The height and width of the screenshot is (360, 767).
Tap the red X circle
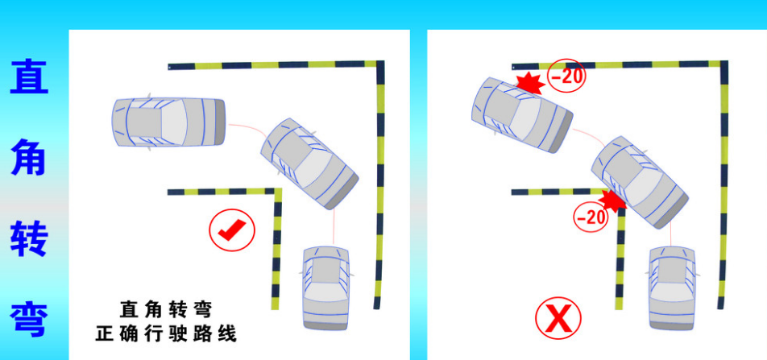pyautogui.click(x=558, y=318)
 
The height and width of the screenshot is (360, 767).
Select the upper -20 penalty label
pyautogui.click(x=566, y=76)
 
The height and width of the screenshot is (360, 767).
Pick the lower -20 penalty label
pyautogui.click(x=590, y=216)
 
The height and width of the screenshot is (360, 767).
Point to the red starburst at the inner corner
pyautogui.click(x=612, y=200)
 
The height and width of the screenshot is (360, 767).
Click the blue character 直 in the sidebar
pyautogui.click(x=29, y=77)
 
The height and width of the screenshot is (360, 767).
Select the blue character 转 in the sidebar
pyautogui.click(x=29, y=238)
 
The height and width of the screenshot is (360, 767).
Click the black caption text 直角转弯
pyautogui.click(x=166, y=309)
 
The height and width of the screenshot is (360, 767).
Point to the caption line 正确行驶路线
pyautogui.click(x=166, y=333)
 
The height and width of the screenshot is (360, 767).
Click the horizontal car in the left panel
pyautogui.click(x=169, y=122)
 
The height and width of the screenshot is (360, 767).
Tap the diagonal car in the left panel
pyautogui.click(x=309, y=163)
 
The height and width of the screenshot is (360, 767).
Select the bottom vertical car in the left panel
pyautogui.click(x=325, y=288)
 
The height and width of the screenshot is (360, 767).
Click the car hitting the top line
pyautogui.click(x=522, y=114)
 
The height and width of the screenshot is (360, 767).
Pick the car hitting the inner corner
pyautogui.click(x=640, y=182)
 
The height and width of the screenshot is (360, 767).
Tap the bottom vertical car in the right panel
pyautogui.click(x=673, y=288)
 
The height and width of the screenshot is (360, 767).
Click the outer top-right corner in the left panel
pyautogui.click(x=380, y=64)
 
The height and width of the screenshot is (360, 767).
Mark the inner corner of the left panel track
pyautogui.click(x=278, y=192)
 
